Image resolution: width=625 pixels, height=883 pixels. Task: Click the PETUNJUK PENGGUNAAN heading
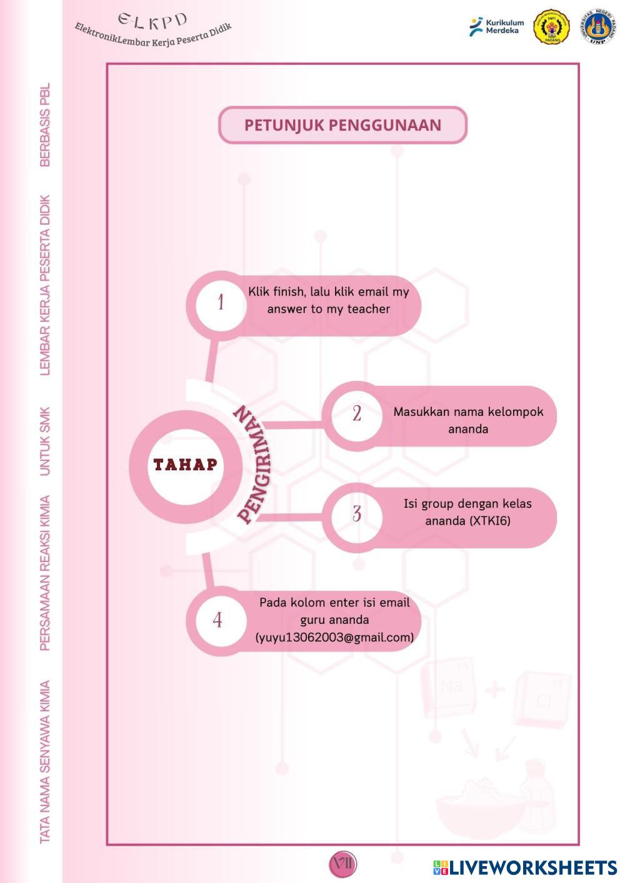point(342,125)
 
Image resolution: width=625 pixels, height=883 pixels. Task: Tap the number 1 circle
point(221,303)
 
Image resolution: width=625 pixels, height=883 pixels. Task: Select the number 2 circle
point(356,413)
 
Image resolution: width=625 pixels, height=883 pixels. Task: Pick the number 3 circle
point(356,514)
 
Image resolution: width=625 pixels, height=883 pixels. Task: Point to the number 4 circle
point(217,619)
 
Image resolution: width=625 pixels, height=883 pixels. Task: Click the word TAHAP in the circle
point(186,465)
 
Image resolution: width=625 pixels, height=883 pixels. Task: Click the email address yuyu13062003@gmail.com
point(334,638)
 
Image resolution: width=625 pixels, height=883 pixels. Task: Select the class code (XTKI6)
point(489,521)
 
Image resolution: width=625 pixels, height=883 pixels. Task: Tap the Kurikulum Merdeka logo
point(497,26)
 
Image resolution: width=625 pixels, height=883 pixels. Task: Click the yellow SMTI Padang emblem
point(551,26)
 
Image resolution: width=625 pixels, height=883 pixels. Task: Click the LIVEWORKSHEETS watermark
point(525,867)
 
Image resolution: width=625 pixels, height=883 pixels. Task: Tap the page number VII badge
point(342,864)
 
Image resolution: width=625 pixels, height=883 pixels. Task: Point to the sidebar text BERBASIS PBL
point(45,125)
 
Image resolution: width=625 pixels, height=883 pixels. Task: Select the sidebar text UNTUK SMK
point(45,441)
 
